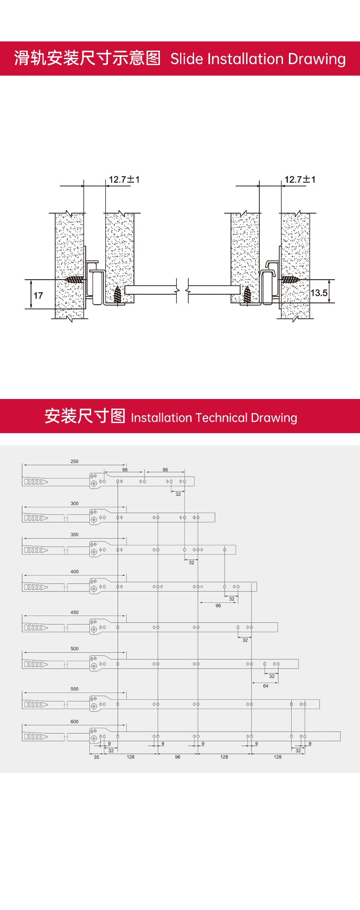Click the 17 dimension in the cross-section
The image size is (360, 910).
(x=38, y=296)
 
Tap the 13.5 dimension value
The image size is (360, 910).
(x=319, y=293)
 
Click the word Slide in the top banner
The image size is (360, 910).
(x=186, y=59)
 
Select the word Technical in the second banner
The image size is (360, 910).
(x=221, y=418)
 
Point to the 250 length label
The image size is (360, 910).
(x=74, y=461)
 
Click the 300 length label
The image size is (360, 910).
(x=74, y=503)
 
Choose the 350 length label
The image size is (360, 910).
(x=74, y=535)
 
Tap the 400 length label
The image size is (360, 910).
(x=74, y=572)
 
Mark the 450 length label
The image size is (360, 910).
(x=74, y=613)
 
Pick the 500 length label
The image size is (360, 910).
(x=74, y=649)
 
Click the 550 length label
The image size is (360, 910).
(x=74, y=689)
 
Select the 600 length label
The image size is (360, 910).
(x=74, y=721)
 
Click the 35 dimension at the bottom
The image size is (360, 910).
(x=96, y=757)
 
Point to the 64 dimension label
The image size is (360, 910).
(x=266, y=686)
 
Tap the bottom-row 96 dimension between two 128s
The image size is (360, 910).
(x=178, y=757)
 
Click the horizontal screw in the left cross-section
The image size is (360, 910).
(x=75, y=280)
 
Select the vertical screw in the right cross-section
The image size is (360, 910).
(x=247, y=295)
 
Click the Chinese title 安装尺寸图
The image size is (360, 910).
(x=85, y=416)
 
